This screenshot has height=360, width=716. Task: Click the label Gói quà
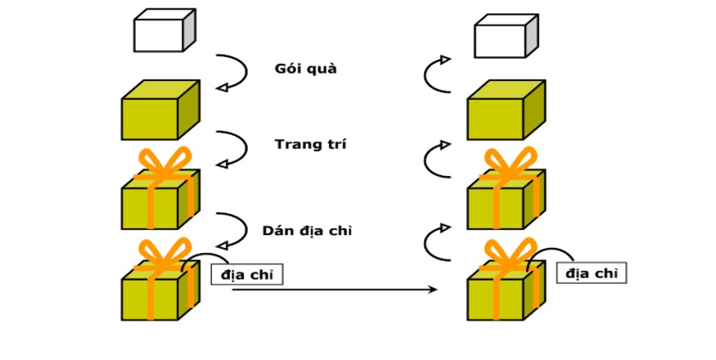[x=305, y=69]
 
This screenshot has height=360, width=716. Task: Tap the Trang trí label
[x=310, y=145]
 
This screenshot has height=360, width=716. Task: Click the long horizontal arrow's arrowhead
[x=434, y=289]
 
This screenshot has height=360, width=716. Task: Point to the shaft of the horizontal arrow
[x=327, y=289]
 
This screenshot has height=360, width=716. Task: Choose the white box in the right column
[x=505, y=37]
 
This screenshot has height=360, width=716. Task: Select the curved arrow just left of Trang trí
[x=232, y=151]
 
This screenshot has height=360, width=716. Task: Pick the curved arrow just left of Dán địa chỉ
[x=232, y=232]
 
